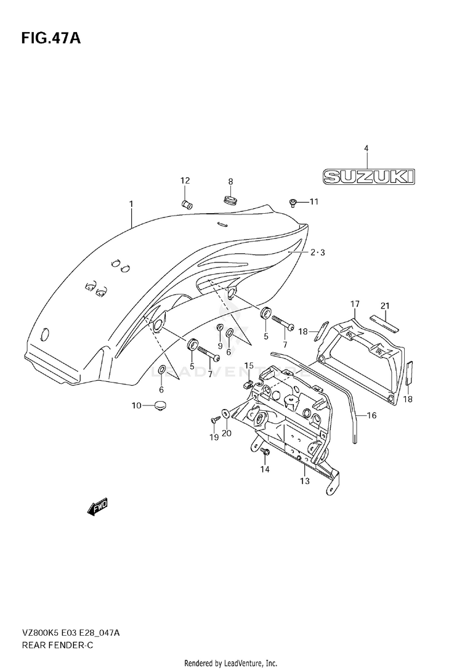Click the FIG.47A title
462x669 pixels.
[51, 38]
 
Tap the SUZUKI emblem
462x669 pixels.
[368, 176]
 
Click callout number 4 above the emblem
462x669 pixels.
[366, 148]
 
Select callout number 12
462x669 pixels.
[185, 181]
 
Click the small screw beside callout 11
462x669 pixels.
[293, 203]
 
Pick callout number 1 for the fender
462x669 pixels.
[131, 205]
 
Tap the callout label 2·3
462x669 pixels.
[317, 253]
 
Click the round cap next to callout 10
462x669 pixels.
[160, 405]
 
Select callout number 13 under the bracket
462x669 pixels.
[304, 481]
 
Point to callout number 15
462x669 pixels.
[249, 366]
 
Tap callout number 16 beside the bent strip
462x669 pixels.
[371, 415]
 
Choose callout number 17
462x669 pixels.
[355, 304]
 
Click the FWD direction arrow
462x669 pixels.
[97, 507]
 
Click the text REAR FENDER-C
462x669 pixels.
[57, 645]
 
